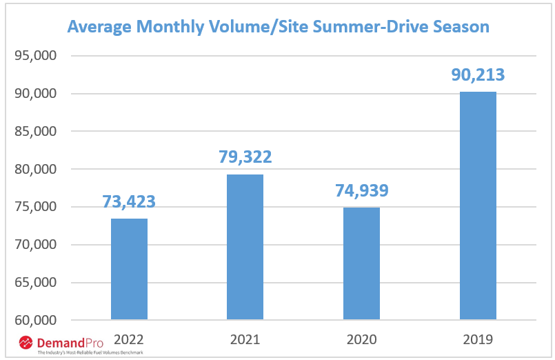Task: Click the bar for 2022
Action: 129,269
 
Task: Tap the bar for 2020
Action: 361,263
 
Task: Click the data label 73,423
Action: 129,202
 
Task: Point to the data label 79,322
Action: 245,157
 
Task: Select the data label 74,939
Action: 361,190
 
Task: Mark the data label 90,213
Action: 478,74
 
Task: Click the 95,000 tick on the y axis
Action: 34,56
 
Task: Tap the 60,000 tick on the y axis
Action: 34,321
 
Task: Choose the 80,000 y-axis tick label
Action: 34,169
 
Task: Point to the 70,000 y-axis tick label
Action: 34,245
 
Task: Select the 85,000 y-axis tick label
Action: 34,131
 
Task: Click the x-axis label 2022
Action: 129,339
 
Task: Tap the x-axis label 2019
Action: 478,339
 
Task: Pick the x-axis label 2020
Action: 361,339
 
